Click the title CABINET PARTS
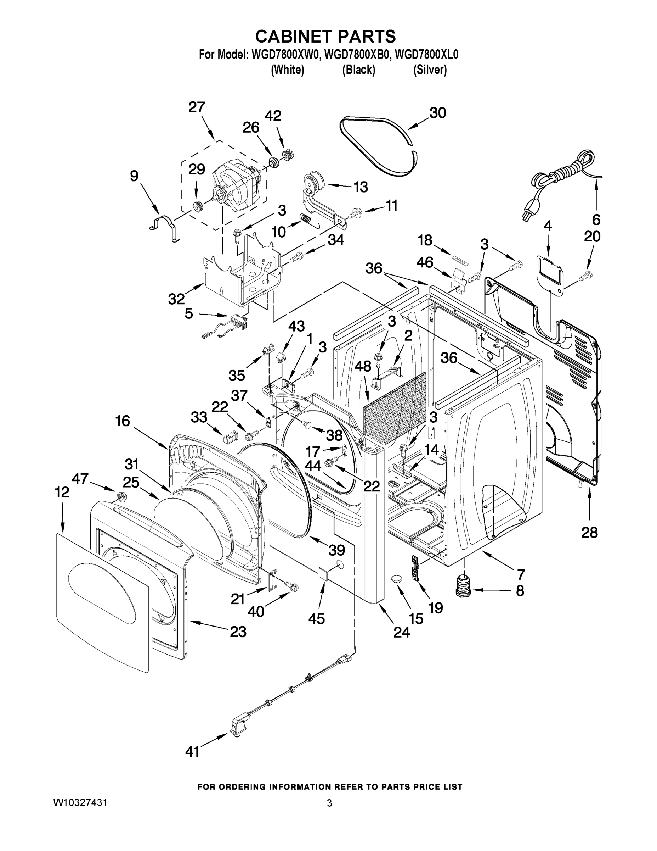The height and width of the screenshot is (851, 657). click(x=325, y=36)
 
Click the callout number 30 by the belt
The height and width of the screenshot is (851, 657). click(x=437, y=113)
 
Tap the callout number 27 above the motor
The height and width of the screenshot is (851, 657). click(x=197, y=107)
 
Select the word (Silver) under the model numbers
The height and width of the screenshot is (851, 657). click(x=430, y=70)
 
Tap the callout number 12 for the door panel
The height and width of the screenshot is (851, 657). click(x=62, y=492)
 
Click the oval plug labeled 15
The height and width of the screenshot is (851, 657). click(x=397, y=579)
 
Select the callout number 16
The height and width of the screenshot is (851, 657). click(x=123, y=421)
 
